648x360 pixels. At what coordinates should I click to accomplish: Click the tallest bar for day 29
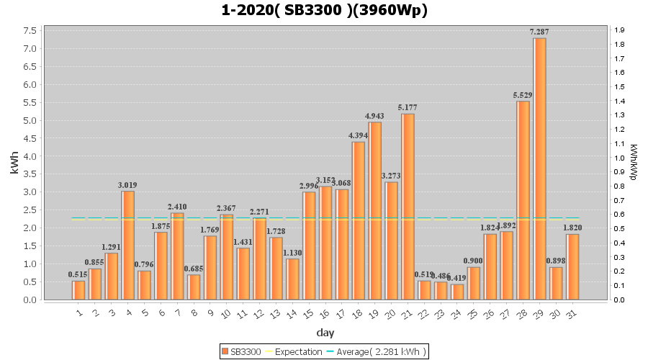coord(539,168)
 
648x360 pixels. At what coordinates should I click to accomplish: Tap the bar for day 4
coord(128,245)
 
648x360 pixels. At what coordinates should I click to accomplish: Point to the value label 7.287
coord(539,32)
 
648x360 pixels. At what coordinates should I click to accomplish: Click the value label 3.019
coord(128,185)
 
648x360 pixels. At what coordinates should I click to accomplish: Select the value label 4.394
coord(359,135)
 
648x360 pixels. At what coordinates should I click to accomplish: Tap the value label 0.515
coord(78,274)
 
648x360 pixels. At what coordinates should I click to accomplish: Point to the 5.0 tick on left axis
coord(31,120)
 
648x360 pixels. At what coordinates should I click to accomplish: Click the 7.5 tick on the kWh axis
coord(31,31)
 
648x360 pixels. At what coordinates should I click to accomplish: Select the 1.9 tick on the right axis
coord(620,30)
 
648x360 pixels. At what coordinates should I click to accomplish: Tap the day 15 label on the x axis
coord(308,314)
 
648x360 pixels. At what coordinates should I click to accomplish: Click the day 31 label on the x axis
coord(572,314)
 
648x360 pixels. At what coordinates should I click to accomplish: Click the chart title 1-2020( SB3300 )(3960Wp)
coord(325,10)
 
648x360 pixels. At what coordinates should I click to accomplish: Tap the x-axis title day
coord(325,333)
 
